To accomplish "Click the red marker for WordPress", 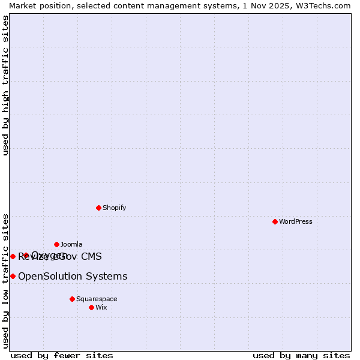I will click(x=275, y=221).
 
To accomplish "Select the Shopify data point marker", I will click(x=98, y=208).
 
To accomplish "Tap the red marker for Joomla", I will click(x=56, y=244).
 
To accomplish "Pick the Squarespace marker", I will click(x=72, y=299).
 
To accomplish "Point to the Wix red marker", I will click(x=91, y=307).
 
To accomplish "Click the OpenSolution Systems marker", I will click(x=13, y=276).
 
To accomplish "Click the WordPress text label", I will click(x=296, y=221).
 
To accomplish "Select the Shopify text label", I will click(x=114, y=208).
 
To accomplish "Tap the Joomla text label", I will click(x=71, y=244).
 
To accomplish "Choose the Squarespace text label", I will click(x=97, y=299).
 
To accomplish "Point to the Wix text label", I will click(x=101, y=307).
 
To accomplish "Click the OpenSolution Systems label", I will click(x=73, y=276).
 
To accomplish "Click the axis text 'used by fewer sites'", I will click(x=62, y=355).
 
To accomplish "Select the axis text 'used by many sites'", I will click(x=301, y=355).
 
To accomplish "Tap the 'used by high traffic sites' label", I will click(x=5, y=85).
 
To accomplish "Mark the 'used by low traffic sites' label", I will click(x=5, y=280).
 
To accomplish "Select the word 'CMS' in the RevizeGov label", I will click(x=91, y=256).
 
